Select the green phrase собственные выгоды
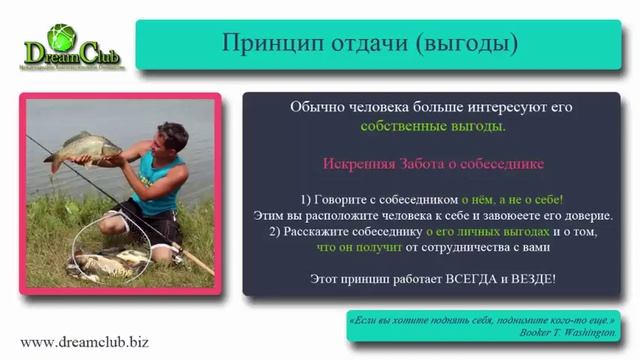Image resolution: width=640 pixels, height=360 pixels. coord(433,127)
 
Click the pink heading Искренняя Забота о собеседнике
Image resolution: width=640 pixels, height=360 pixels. coord(433,162)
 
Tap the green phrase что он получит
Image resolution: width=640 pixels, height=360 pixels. coord(362,247)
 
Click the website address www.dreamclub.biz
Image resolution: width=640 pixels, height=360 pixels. coord(84,342)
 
